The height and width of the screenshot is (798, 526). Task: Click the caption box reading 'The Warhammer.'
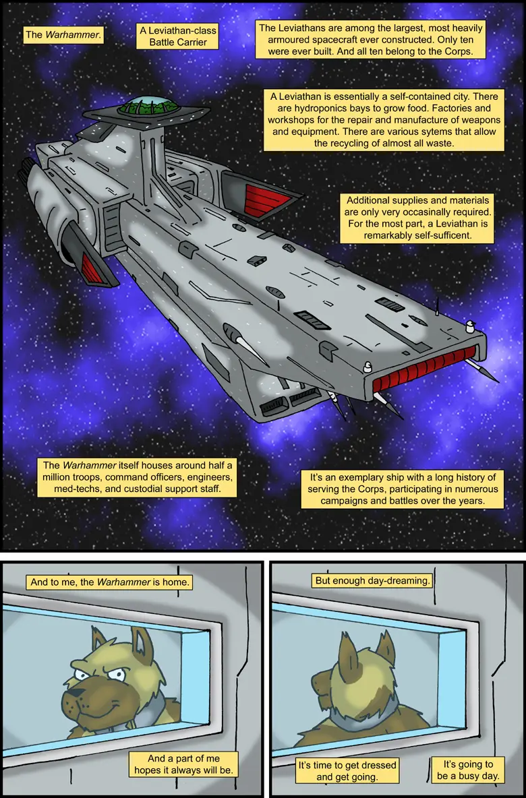point(63,35)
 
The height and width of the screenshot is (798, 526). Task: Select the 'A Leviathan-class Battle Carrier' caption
point(178,36)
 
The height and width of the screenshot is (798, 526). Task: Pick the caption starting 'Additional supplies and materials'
point(417,218)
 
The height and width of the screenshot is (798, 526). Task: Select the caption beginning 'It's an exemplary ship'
point(403,489)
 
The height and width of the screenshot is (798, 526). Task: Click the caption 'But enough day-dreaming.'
point(372,580)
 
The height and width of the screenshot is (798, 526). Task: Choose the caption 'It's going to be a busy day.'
point(468,770)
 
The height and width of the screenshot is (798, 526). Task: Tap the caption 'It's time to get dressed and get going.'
point(347,770)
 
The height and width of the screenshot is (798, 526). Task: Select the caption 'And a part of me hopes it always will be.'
point(183,764)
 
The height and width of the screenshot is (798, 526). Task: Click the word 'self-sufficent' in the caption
point(443,235)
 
